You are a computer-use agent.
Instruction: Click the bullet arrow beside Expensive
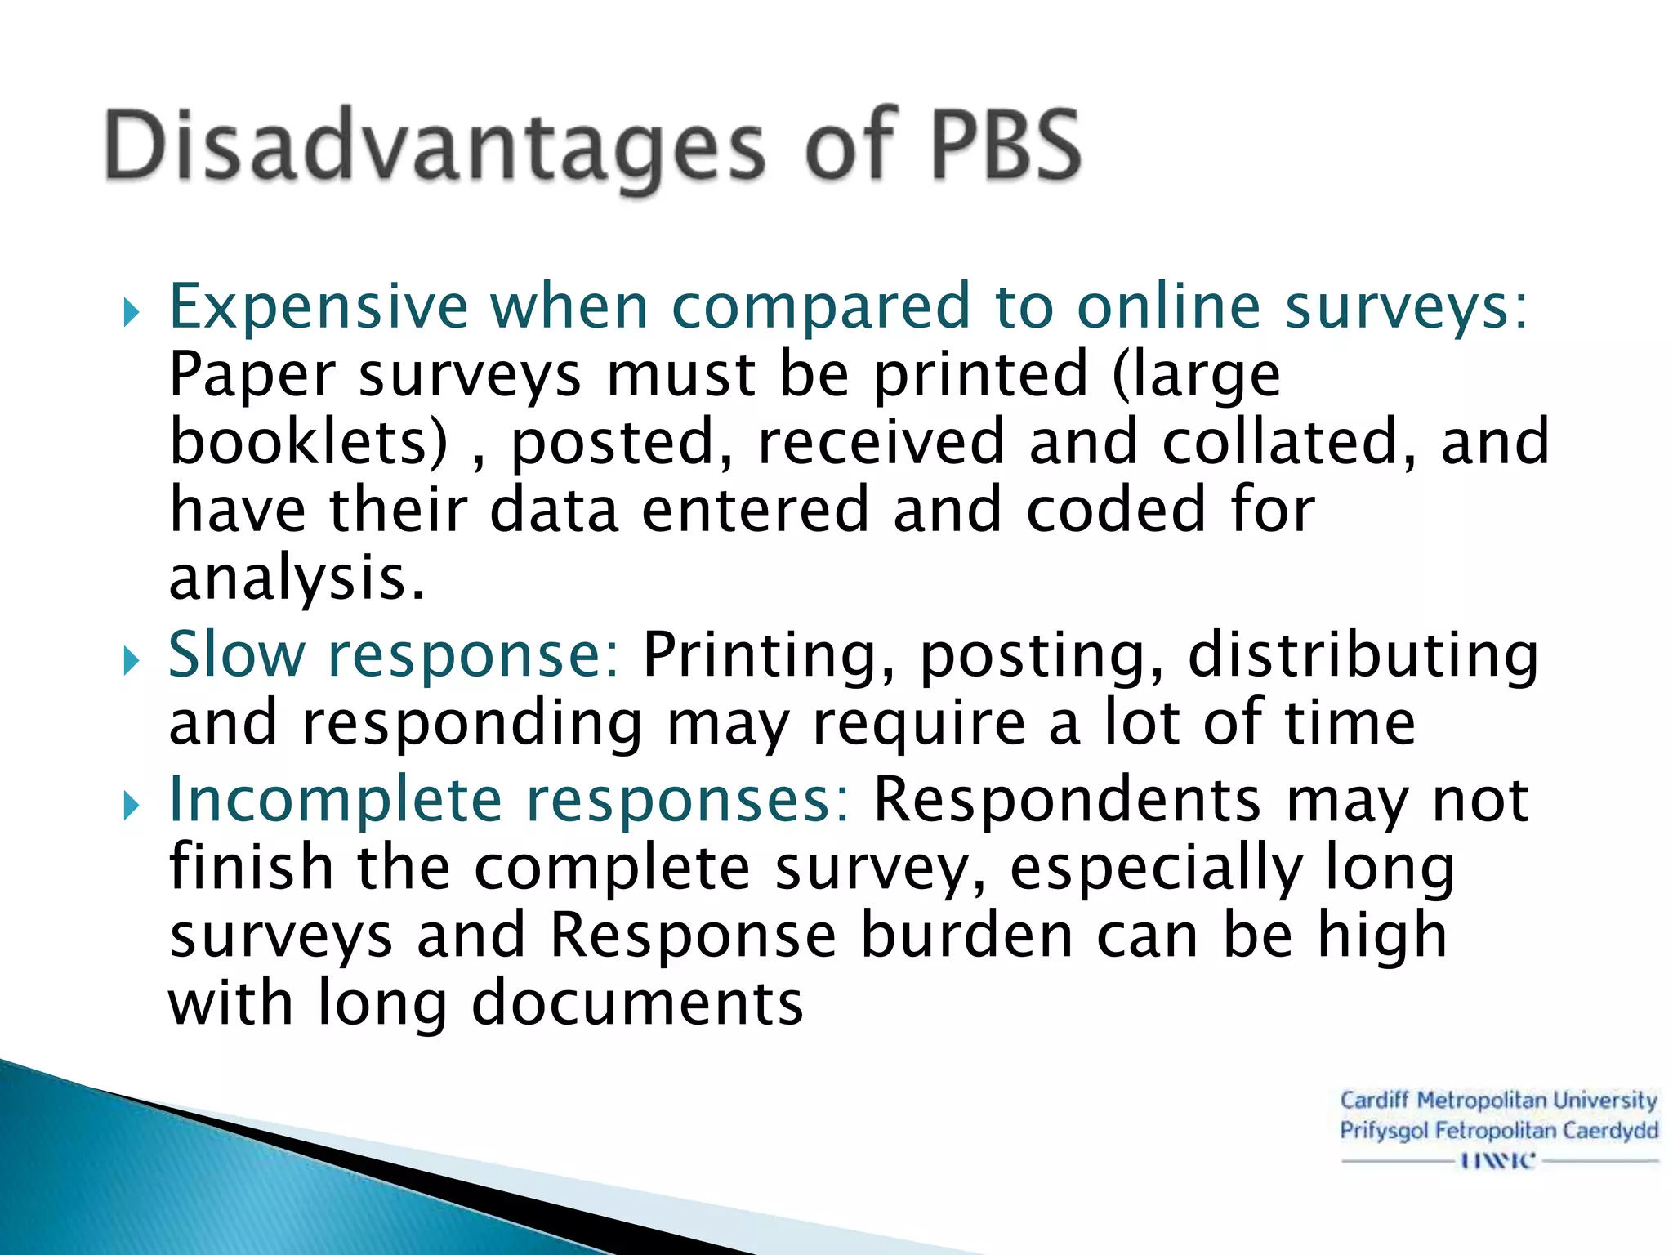point(132,312)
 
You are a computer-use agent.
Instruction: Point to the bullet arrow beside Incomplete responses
point(132,806)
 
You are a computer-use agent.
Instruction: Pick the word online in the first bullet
point(1168,306)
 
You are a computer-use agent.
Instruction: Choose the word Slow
point(237,655)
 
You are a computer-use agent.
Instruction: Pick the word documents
point(637,1003)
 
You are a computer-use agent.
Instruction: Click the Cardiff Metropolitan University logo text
point(1498,1101)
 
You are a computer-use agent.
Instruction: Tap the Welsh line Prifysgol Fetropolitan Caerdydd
point(1498,1131)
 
